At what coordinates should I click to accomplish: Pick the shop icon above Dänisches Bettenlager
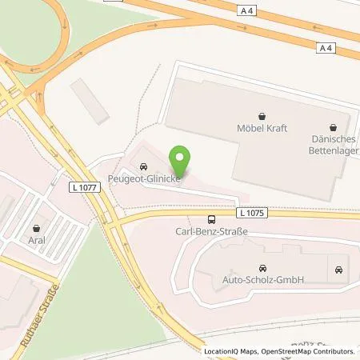333,126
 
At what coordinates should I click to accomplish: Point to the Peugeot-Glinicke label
143,180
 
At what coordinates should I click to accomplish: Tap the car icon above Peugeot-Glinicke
143,167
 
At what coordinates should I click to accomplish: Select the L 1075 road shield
250,213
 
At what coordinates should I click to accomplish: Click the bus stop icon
211,219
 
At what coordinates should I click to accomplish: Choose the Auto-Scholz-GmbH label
261,281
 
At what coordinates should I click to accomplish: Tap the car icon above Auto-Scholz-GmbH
261,269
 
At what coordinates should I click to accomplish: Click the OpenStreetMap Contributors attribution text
312,351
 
